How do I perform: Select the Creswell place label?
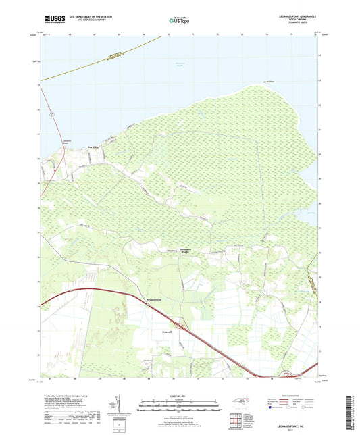[169, 332]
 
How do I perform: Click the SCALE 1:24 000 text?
[180, 396]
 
